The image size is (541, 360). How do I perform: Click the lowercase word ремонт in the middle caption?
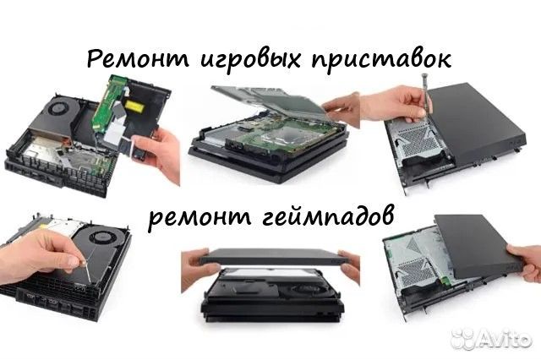click(x=195, y=217)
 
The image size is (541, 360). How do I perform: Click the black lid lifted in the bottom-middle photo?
click(x=270, y=257)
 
